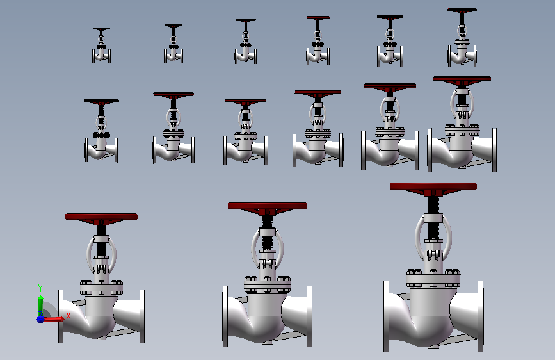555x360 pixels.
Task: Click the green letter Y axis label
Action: (40, 288)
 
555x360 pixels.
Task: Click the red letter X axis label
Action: (68, 316)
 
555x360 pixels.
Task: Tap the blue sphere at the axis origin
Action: (41, 319)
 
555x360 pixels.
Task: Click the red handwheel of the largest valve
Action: (433, 187)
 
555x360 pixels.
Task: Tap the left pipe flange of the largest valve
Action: (386, 316)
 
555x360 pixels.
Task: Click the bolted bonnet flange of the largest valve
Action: (433, 279)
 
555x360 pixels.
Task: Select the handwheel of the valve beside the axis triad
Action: (102, 217)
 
